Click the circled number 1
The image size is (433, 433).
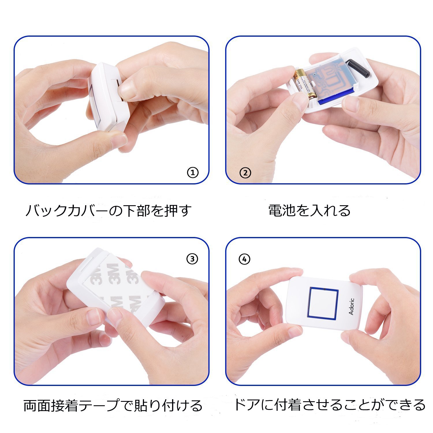(x=193, y=173)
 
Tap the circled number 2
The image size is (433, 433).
(x=245, y=173)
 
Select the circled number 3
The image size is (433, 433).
(x=192, y=259)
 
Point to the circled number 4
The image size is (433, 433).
(x=245, y=259)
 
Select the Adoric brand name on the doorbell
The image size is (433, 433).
(x=351, y=307)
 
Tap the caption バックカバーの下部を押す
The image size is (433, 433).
(x=109, y=211)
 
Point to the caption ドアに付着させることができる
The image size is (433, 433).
(x=329, y=405)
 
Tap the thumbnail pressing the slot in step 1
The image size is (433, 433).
(x=127, y=89)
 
